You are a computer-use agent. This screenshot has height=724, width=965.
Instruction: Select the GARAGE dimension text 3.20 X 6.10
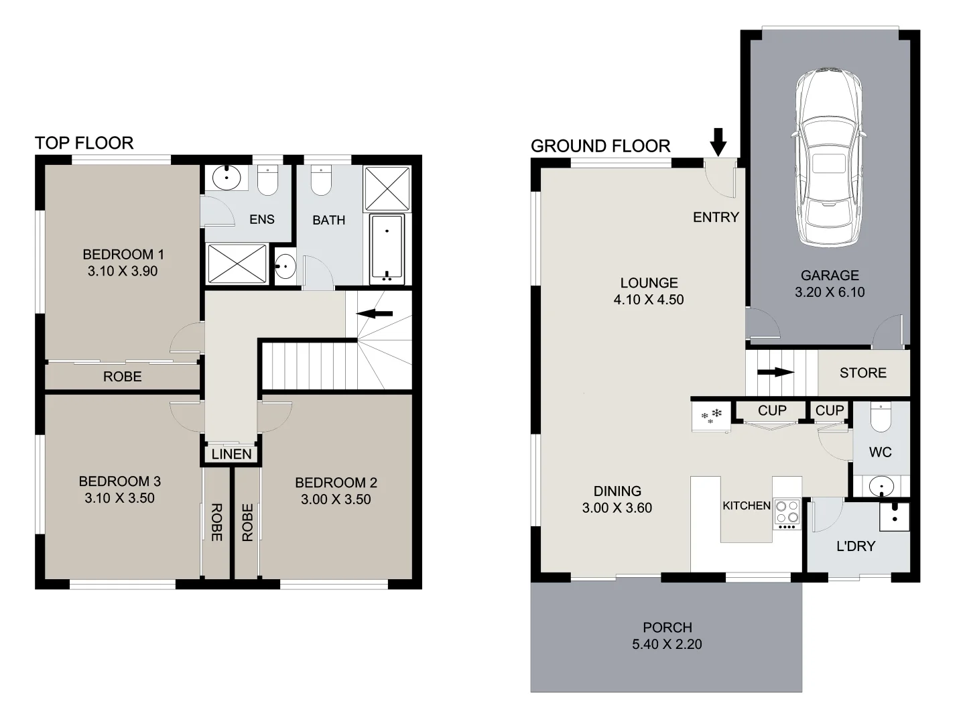(830, 292)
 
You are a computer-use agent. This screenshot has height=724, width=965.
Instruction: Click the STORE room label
(862, 373)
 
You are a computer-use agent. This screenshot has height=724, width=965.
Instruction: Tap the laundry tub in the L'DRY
(895, 516)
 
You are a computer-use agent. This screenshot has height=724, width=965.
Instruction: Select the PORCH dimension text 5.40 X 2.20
(667, 644)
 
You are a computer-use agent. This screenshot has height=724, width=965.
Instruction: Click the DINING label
(617, 491)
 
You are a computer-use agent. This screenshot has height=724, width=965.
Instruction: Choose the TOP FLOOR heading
(84, 143)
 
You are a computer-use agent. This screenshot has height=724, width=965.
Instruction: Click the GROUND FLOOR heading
(600, 146)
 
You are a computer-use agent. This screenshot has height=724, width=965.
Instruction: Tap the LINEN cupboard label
(231, 455)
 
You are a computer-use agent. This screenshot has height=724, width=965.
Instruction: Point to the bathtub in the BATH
(387, 249)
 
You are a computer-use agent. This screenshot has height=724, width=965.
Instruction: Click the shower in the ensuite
(237, 263)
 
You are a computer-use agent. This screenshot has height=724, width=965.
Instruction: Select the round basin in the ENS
(227, 178)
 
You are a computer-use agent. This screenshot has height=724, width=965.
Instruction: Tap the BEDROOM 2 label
(336, 483)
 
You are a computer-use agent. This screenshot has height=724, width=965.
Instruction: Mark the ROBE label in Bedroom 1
(122, 377)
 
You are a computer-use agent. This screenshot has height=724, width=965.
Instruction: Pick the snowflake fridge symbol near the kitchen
(712, 416)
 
